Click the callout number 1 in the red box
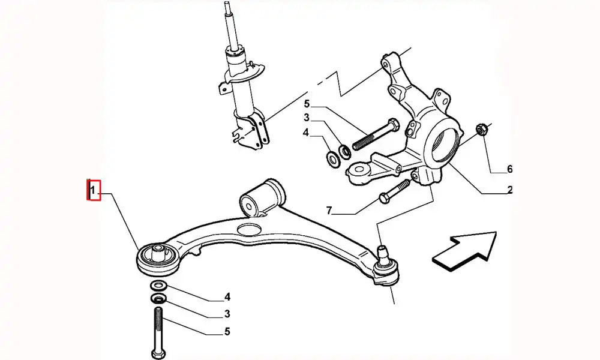(92, 190)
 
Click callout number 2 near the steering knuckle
(509, 190)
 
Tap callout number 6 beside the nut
(509, 169)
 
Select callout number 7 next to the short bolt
(329, 210)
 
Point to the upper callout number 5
(307, 104)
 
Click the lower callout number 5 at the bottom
(227, 331)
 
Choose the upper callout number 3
(307, 118)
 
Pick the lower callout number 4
(227, 297)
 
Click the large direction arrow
(464, 251)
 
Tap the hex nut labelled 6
(481, 130)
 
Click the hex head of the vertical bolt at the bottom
(158, 353)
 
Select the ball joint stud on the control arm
(383, 253)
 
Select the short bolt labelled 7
(394, 191)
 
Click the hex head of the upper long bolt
(394, 125)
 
